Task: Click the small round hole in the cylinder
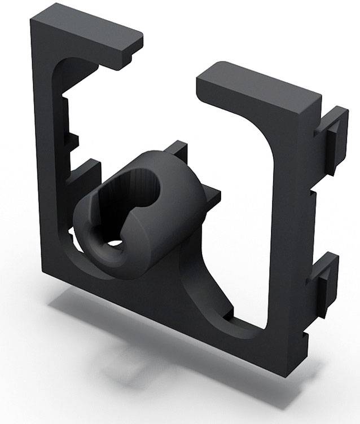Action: point(116,244)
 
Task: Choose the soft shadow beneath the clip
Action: point(124,338)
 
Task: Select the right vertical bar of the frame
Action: point(291,226)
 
